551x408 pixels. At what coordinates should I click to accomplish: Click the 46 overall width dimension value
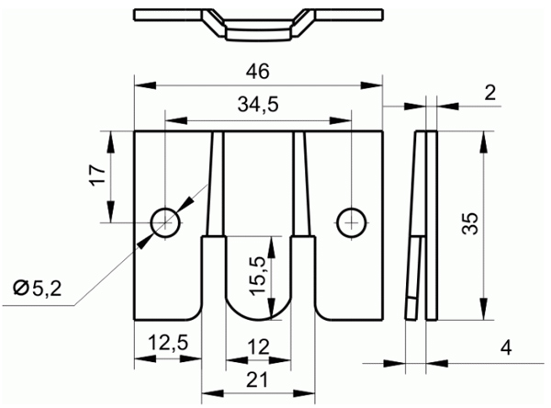(x=257, y=72)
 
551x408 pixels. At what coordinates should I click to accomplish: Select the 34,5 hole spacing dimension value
(x=258, y=105)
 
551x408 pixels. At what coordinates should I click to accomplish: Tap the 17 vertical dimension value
(x=98, y=175)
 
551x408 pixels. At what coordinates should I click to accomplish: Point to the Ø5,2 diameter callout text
(x=38, y=289)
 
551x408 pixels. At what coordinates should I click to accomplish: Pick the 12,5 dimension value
(x=168, y=342)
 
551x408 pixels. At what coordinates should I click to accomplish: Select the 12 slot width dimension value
(x=258, y=346)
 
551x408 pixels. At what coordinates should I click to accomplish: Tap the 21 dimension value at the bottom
(x=257, y=380)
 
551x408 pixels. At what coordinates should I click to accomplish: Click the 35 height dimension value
(x=470, y=223)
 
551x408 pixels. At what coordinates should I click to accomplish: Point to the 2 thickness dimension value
(x=489, y=92)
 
